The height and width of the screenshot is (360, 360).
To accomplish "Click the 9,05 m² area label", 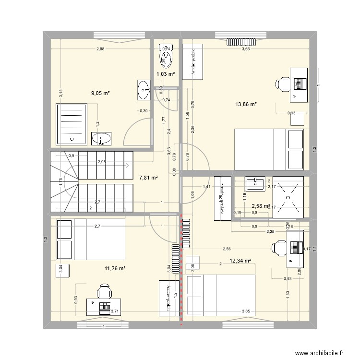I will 100,94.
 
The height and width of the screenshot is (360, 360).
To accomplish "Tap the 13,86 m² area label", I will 246,104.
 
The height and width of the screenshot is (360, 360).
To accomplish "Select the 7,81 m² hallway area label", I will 148,178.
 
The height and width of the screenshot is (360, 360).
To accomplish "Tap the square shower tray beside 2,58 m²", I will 288,197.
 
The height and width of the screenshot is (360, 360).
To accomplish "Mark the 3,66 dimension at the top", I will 246,48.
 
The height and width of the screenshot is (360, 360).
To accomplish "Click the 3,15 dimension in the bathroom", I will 60,94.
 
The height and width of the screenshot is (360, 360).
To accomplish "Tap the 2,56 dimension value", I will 227,249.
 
